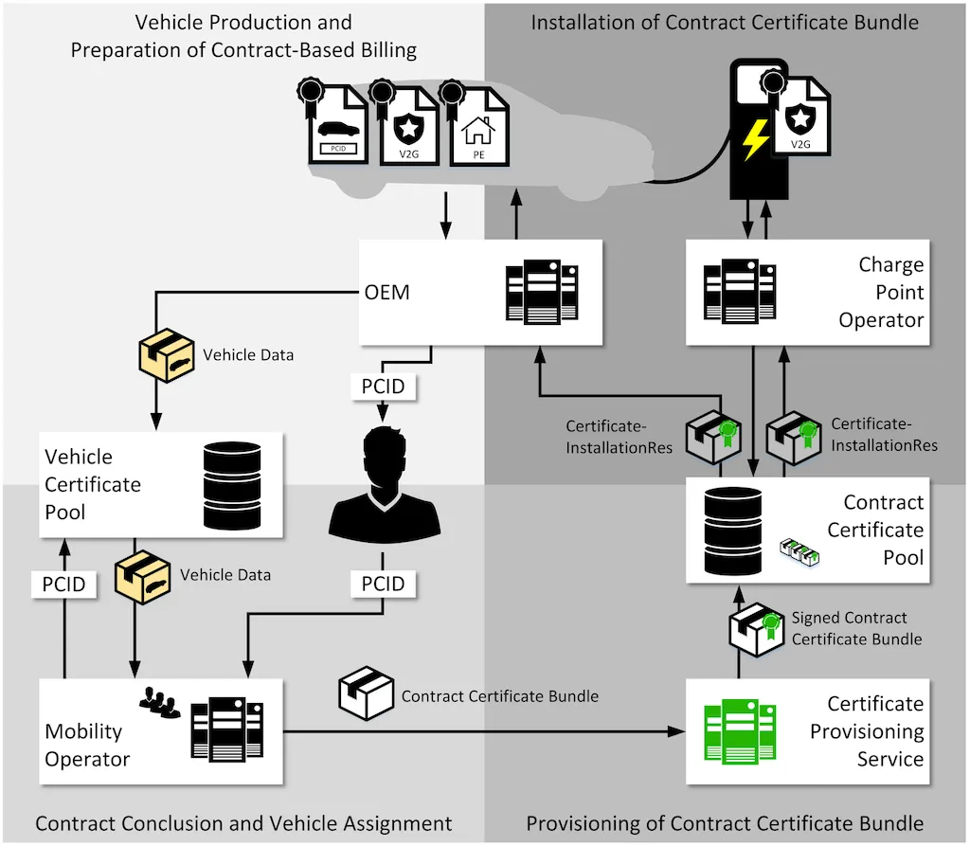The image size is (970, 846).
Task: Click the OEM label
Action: tap(388, 292)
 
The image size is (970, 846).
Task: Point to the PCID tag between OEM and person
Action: tap(384, 386)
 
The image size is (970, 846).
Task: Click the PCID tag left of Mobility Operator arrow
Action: tap(64, 584)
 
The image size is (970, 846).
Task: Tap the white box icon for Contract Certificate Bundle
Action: tap(366, 694)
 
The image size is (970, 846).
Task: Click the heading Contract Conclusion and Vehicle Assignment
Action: tap(243, 822)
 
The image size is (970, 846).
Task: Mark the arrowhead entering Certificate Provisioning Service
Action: tap(677, 731)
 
